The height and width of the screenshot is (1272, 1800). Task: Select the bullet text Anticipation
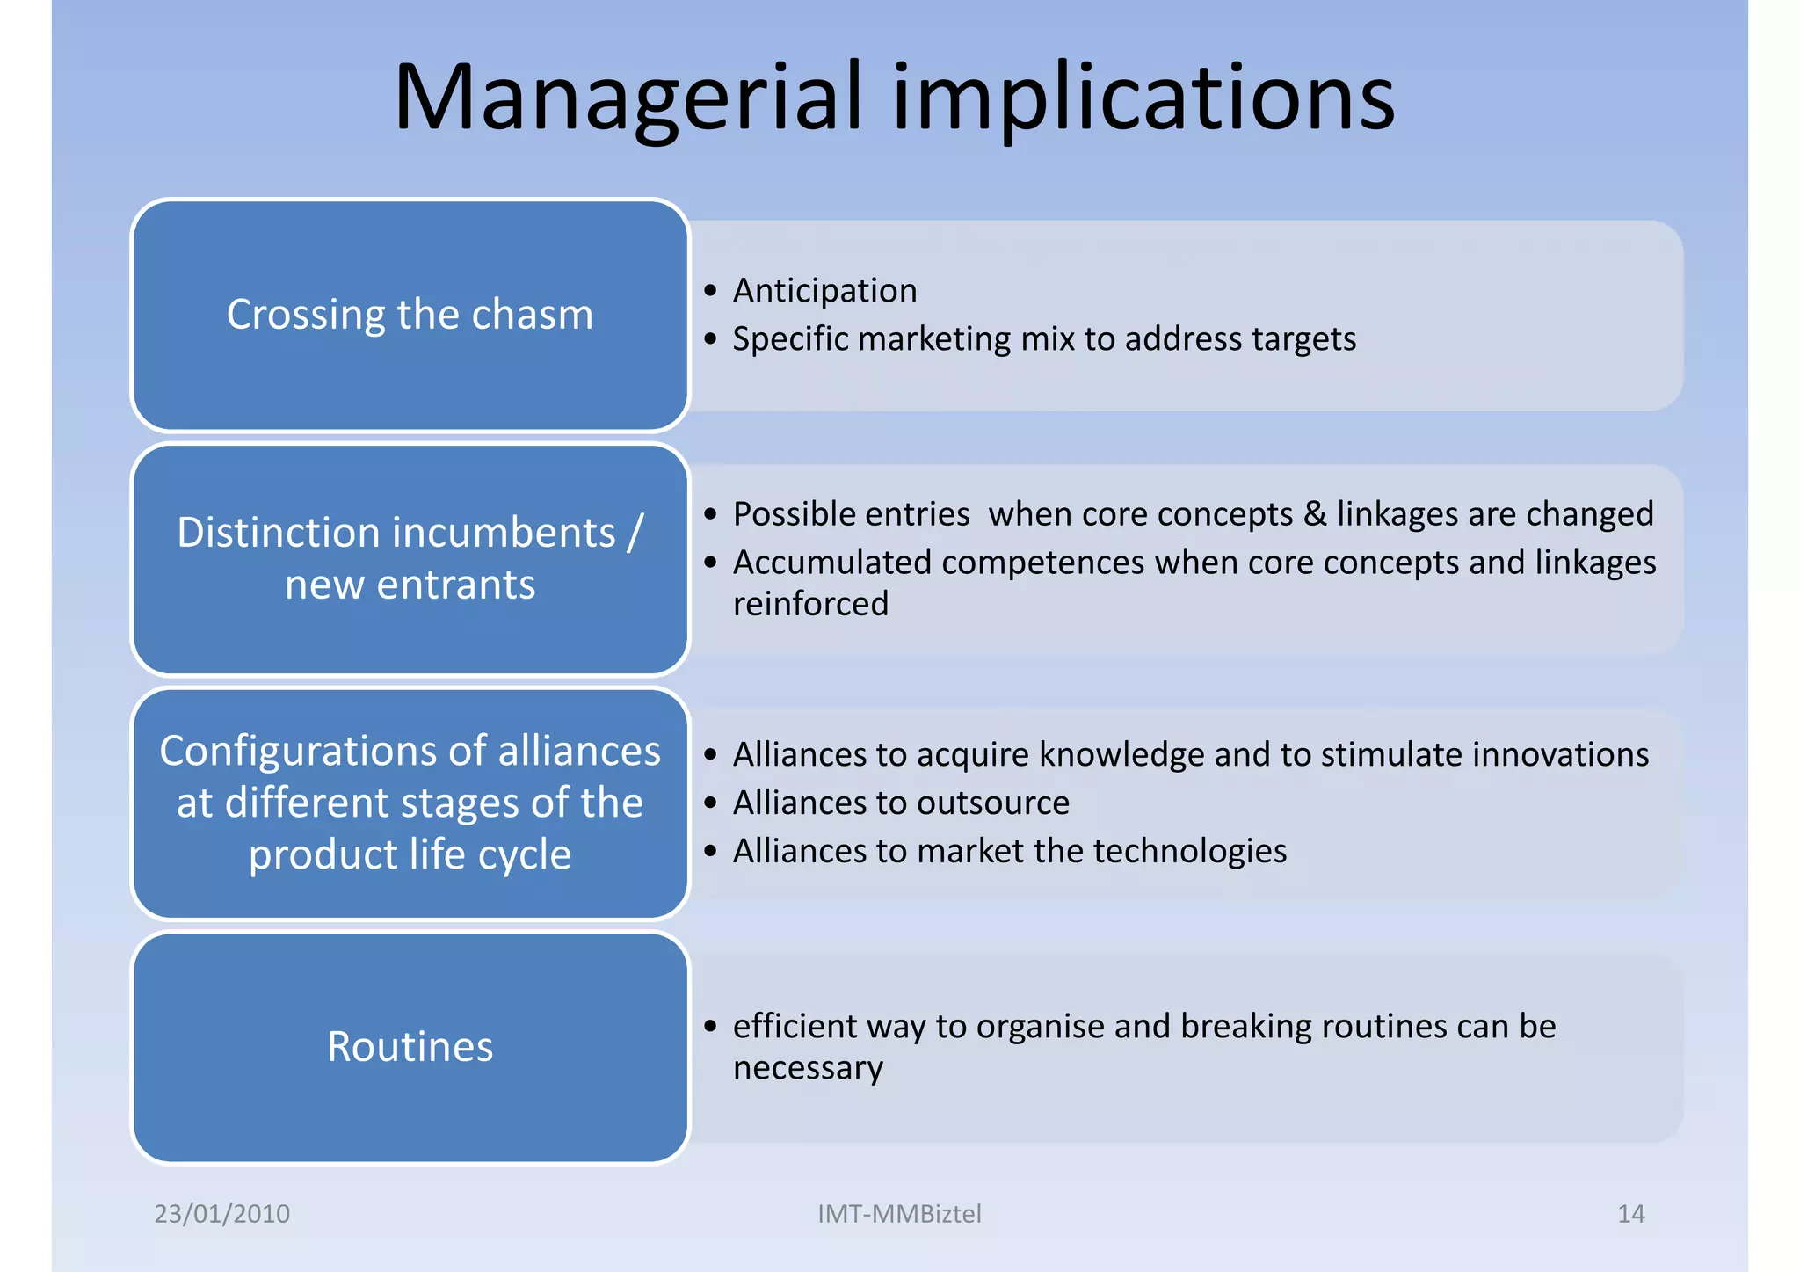(x=824, y=290)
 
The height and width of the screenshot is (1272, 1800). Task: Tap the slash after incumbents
(x=635, y=533)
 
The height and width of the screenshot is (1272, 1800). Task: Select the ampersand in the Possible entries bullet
(x=1315, y=513)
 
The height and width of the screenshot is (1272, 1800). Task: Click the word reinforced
(x=810, y=604)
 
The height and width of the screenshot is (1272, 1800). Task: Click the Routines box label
(x=410, y=1046)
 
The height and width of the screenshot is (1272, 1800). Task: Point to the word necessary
(x=807, y=1068)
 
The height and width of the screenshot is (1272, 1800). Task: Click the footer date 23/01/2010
(x=221, y=1213)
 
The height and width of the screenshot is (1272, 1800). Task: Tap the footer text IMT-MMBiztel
(x=898, y=1213)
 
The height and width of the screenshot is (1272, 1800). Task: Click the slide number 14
(x=1630, y=1213)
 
